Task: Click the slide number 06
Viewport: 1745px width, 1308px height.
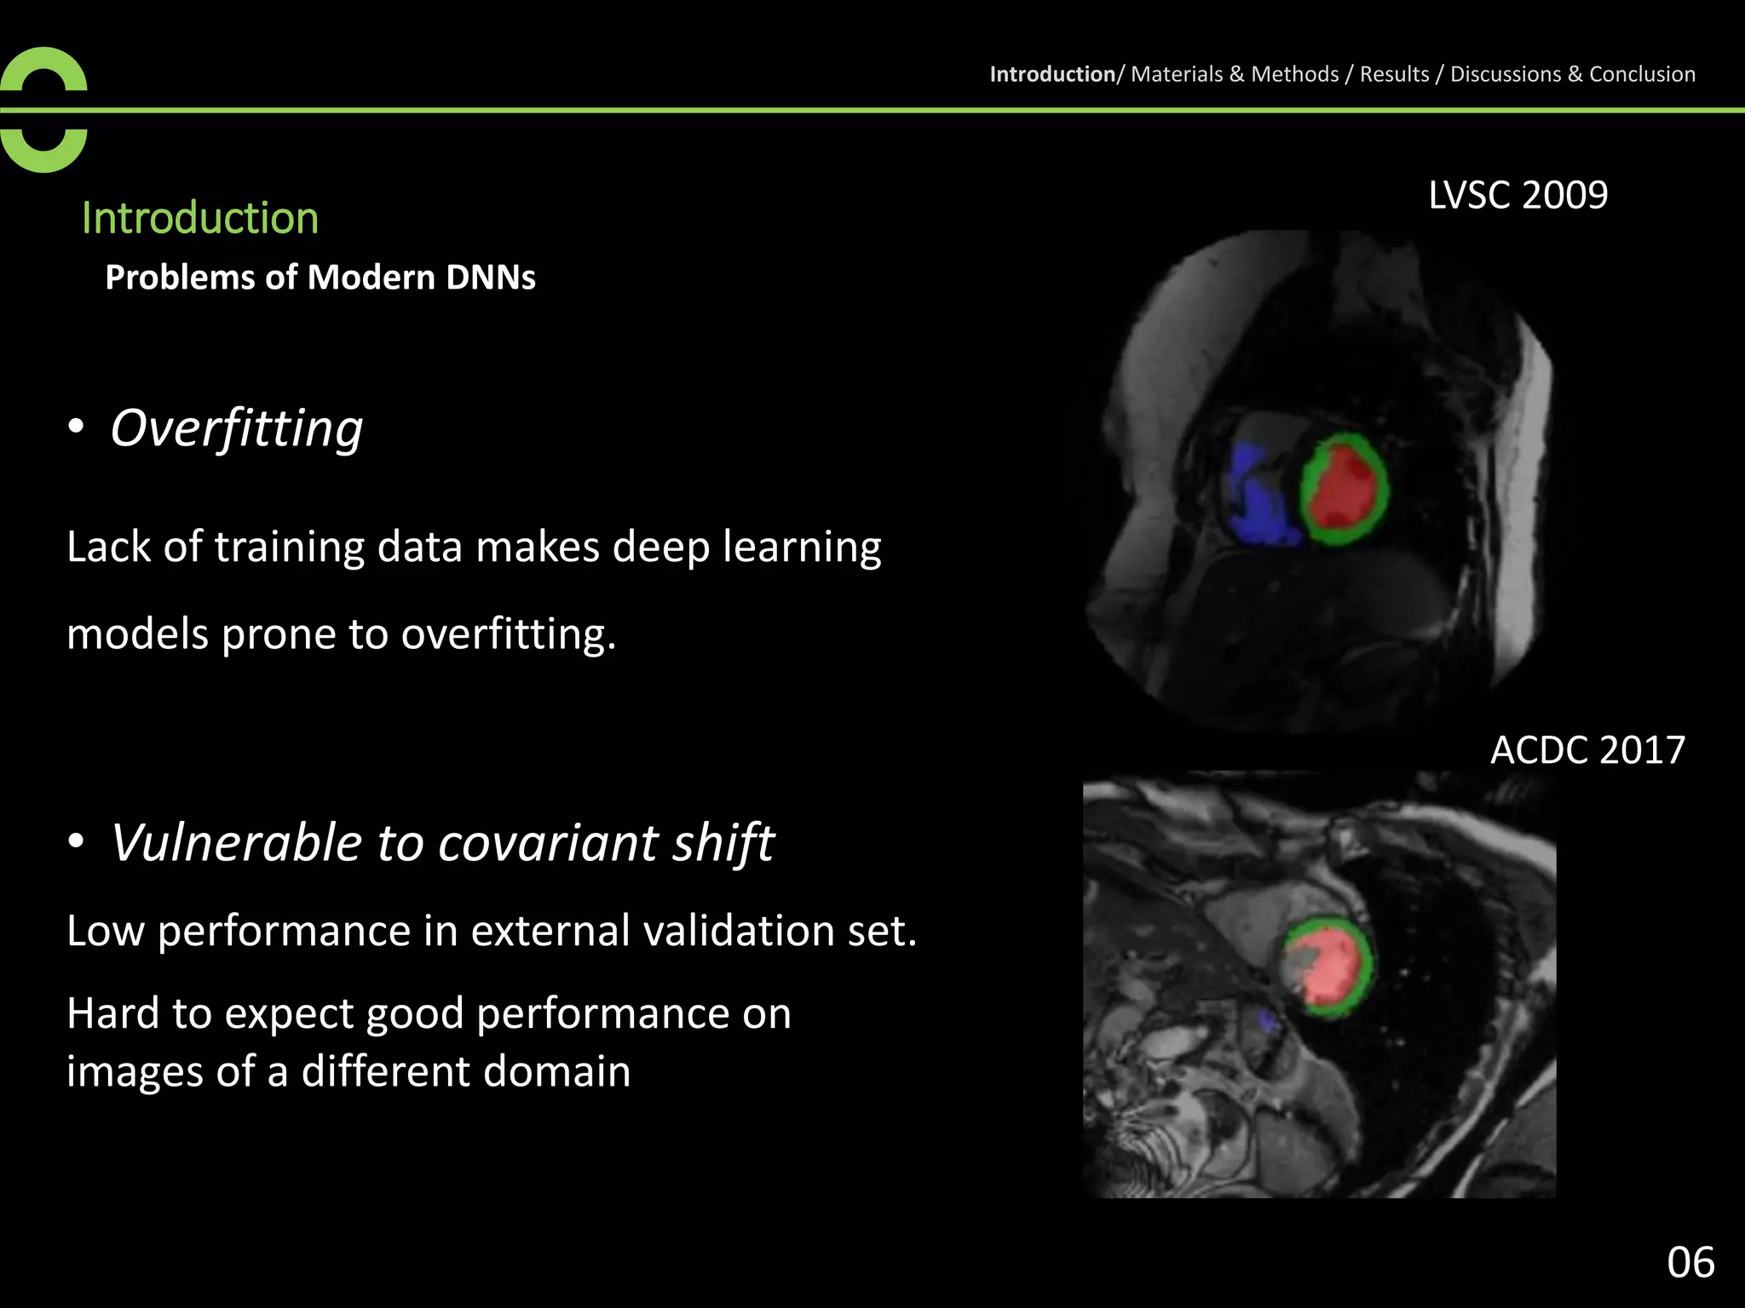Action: coord(1690,1262)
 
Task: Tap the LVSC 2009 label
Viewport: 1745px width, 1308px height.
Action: coord(1518,195)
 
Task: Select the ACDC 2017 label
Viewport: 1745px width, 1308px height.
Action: coord(1587,750)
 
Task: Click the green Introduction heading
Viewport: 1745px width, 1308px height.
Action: coord(200,218)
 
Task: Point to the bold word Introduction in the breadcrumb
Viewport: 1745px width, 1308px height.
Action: coord(1052,74)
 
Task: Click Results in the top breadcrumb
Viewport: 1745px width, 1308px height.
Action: coord(1394,74)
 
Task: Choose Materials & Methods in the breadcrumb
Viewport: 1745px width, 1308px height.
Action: coord(1235,74)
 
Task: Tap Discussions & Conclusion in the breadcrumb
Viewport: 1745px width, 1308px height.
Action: coord(1572,74)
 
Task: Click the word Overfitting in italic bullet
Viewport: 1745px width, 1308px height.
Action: coord(237,427)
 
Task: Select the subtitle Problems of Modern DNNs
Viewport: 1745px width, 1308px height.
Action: coord(320,278)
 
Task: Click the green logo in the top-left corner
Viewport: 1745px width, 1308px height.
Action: coord(43,110)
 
